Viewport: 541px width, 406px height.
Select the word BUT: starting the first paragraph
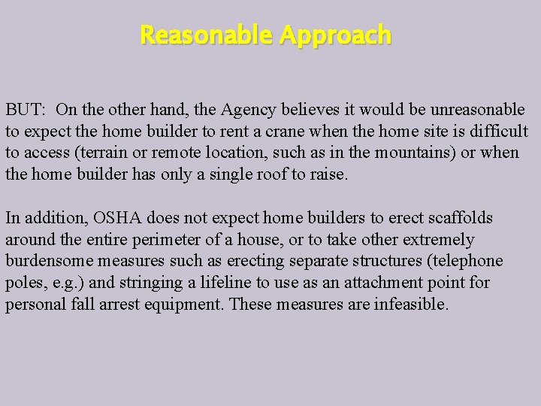point(26,110)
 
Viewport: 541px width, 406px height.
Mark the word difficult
point(497,132)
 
